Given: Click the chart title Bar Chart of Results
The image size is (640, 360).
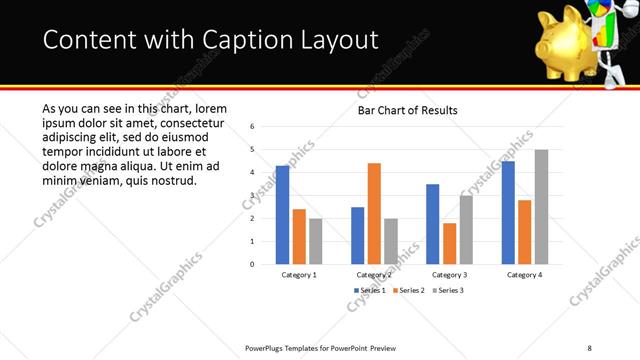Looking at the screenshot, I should (x=407, y=110).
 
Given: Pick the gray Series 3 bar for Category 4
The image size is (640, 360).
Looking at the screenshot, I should (x=541, y=206).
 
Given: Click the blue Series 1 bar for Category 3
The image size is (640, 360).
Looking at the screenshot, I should (x=432, y=224).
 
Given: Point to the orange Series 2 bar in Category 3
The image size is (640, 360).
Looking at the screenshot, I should (x=449, y=243).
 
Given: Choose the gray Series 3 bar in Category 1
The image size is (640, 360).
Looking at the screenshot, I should (x=316, y=241).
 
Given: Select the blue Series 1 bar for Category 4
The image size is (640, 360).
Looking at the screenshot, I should (x=508, y=212).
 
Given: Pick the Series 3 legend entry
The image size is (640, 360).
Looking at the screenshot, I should (x=447, y=290).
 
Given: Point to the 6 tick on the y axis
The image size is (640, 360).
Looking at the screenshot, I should (x=253, y=127).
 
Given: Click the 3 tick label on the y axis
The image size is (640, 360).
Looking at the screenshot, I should (x=253, y=196).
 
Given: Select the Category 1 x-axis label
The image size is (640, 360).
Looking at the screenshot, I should (x=299, y=274).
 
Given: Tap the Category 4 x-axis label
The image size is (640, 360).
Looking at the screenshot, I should (x=524, y=274).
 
